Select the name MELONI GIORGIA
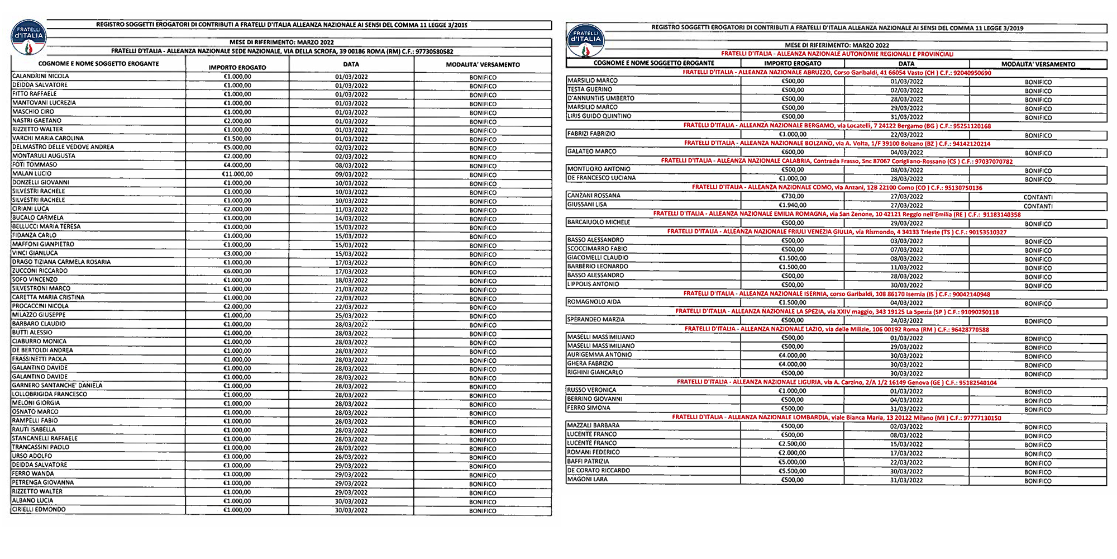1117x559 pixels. tap(36, 403)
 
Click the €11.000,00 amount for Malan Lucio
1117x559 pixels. tap(237, 174)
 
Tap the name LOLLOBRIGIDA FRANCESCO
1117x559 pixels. tap(50, 394)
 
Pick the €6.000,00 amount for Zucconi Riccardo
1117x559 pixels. tap(237, 271)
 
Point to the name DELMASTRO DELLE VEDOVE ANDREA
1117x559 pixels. tap(63, 147)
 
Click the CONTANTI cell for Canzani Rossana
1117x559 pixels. tap(1038, 197)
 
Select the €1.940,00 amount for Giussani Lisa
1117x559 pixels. tap(793, 205)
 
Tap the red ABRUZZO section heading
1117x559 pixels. tap(837, 73)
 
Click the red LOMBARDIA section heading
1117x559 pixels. tap(837, 418)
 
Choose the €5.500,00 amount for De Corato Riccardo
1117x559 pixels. tap(793, 471)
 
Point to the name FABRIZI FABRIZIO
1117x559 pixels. tap(591, 134)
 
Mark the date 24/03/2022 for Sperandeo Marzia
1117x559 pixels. tap(906, 321)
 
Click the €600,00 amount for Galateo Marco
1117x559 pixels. tap(793, 152)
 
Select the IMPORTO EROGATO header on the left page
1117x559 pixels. tap(237, 67)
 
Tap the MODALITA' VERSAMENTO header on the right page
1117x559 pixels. tap(1038, 64)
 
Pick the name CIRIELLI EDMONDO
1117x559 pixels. tap(39, 510)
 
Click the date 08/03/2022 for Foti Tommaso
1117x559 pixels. tap(351, 165)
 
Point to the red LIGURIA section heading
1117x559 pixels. tap(837, 382)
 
